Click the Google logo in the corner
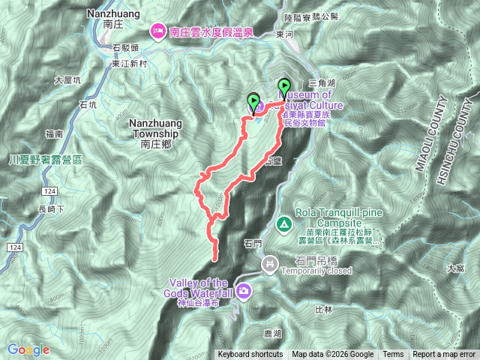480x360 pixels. (28, 349)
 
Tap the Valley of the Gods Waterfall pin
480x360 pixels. (243, 291)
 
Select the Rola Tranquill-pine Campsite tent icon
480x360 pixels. (284, 223)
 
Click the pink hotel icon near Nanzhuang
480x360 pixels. (158, 31)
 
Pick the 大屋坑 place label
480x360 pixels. (69, 79)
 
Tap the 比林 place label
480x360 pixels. (324, 309)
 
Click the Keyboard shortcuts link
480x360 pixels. (250, 355)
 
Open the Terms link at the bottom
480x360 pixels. (393, 355)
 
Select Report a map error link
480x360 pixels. (444, 355)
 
